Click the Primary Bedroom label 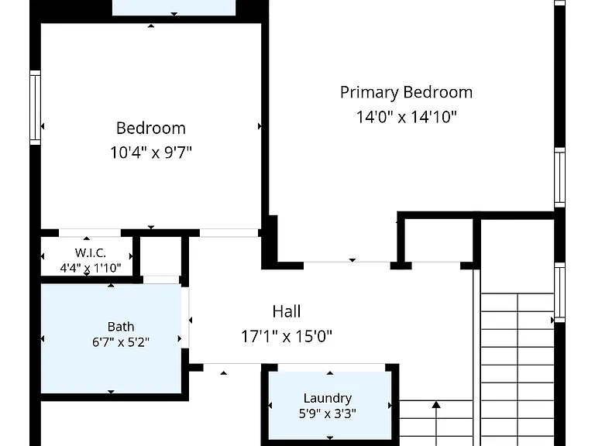tap(406, 93)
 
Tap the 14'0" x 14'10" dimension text tap(406, 116)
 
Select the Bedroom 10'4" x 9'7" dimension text tap(150, 153)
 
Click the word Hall tap(287, 311)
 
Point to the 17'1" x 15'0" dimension tap(287, 336)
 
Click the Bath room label tap(121, 327)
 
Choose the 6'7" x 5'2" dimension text tap(121, 342)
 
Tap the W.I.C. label tap(91, 252)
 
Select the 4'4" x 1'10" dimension tap(91, 268)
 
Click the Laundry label tap(328, 398)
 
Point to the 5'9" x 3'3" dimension tap(328, 413)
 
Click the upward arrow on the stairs tap(436, 423)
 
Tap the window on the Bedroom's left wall tap(36, 108)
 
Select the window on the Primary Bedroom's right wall tap(559, 177)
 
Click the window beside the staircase tap(559, 293)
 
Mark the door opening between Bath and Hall tap(185, 317)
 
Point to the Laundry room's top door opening tap(332, 368)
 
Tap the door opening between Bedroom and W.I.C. tap(90, 233)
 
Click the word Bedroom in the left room tap(150, 129)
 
